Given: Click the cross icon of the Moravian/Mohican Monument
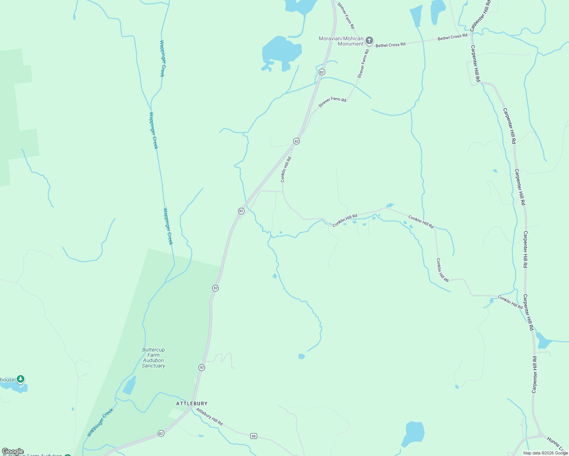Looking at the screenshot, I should point(369,40).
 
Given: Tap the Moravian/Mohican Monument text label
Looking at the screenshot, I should point(341,41).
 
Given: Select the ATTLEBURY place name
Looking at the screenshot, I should point(192,403).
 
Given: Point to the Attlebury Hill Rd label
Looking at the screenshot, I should point(209,416).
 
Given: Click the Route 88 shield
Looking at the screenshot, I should point(254,436).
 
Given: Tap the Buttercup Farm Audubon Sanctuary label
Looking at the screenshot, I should point(154,358).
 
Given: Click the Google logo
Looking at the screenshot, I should point(13,451).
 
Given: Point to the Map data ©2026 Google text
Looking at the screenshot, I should point(545,453).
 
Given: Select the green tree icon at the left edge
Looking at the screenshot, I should point(21,379).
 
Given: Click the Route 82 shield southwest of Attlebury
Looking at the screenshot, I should point(161,434).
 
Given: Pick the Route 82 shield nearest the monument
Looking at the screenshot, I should point(322,72).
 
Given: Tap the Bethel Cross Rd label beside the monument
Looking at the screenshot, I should point(391,45).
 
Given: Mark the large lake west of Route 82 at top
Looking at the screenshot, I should point(281,51).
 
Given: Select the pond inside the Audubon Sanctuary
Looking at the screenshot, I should point(129,386).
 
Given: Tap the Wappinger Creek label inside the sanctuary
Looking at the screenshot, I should point(100,422).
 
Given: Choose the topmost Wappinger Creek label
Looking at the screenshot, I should point(162,59).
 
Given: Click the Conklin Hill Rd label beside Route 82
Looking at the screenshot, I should point(286,169).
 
